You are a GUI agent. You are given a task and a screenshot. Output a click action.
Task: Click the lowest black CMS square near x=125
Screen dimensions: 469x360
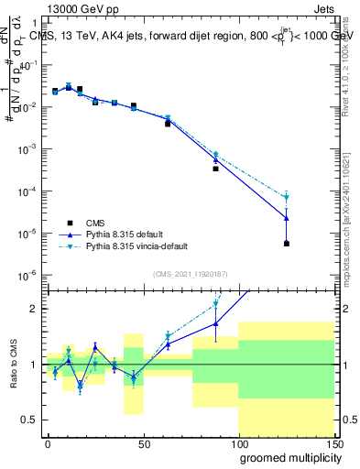pos(287,244)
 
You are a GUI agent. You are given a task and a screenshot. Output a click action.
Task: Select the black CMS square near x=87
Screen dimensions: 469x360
pos(215,169)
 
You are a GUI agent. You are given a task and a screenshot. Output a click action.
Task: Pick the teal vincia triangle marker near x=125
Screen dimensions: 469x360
pos(287,198)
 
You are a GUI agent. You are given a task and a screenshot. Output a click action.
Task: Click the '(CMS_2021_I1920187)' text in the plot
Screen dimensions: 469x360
pos(190,274)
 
